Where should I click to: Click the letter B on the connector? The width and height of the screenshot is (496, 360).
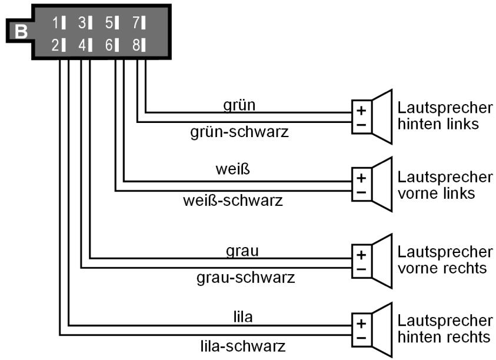[x=21, y=32]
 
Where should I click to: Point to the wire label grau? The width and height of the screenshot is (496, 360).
[x=242, y=250]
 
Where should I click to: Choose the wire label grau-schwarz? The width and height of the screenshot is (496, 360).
[x=245, y=276]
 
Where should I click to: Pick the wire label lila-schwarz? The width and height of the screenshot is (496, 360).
[x=243, y=345]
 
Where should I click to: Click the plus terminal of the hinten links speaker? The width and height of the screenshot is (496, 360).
[x=361, y=110]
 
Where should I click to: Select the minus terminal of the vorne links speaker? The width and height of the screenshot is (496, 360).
[x=361, y=192]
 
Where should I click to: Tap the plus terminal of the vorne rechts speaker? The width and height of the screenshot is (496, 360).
[x=361, y=255]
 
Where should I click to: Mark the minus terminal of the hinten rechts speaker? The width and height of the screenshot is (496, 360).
[x=361, y=338]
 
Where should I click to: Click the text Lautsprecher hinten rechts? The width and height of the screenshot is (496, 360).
[x=445, y=329]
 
